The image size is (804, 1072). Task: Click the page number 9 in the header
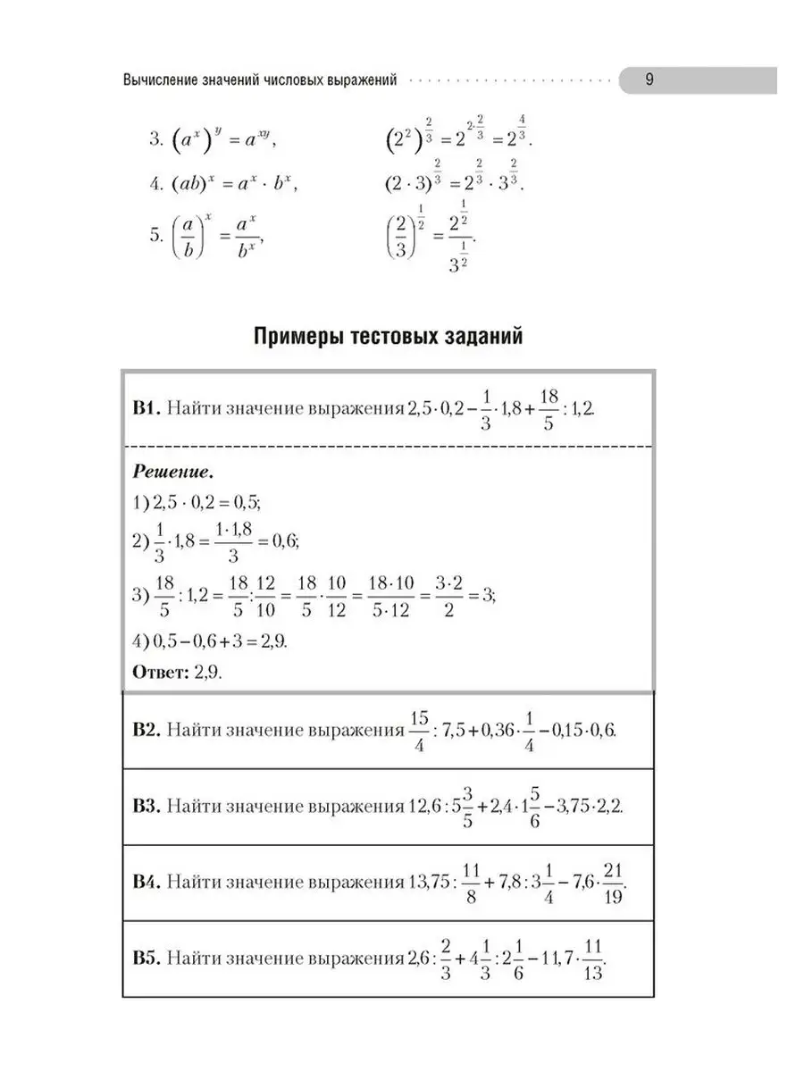(650, 80)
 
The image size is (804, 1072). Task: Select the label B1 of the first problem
(146, 408)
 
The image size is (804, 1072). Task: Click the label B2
(146, 730)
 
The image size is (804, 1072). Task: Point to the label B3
(146, 806)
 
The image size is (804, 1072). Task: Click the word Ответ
(157, 673)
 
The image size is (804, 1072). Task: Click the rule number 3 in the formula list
(154, 139)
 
